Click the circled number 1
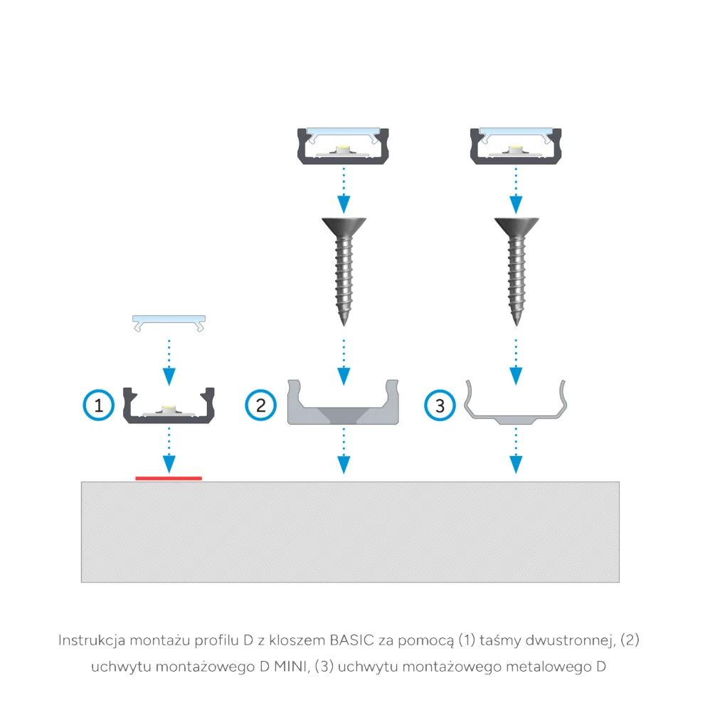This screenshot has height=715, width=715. click(x=98, y=405)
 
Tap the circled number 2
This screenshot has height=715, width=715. click(x=261, y=405)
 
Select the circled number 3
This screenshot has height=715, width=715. click(x=440, y=405)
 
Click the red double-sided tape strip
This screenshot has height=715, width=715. click(x=169, y=478)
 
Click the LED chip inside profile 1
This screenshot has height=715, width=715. click(x=169, y=408)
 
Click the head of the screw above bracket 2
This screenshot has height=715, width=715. click(x=344, y=226)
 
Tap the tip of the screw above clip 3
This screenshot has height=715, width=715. click(x=517, y=324)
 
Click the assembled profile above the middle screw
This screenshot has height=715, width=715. click(x=343, y=146)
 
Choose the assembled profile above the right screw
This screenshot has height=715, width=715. click(x=516, y=146)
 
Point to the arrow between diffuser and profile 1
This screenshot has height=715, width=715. click(x=169, y=363)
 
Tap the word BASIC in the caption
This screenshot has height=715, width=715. click(x=351, y=640)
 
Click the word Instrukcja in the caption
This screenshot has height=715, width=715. click(x=92, y=641)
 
